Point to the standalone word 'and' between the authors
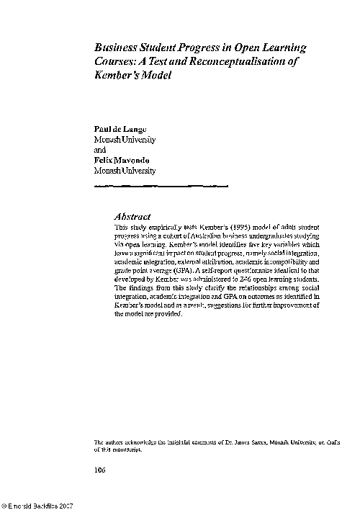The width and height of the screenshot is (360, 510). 100,150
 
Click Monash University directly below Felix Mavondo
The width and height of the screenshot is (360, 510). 125,171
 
